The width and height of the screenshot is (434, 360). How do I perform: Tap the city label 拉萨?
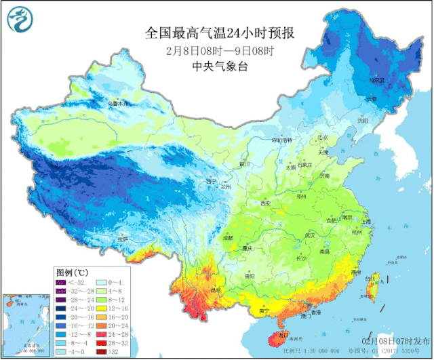122,239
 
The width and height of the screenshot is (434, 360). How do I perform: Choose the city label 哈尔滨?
377,80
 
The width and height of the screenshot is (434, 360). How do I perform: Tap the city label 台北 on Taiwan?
370,279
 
